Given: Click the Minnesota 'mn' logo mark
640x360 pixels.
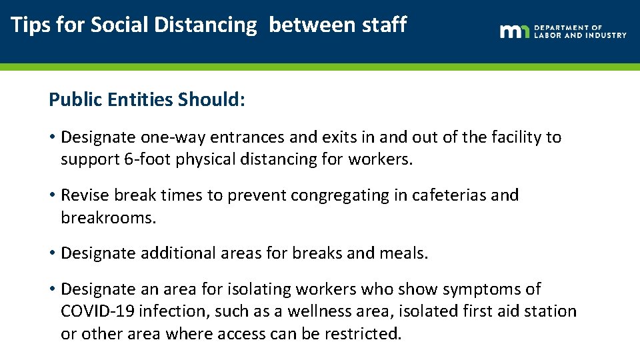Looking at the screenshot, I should point(515,31).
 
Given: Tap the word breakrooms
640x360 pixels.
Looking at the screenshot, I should point(108,218).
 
